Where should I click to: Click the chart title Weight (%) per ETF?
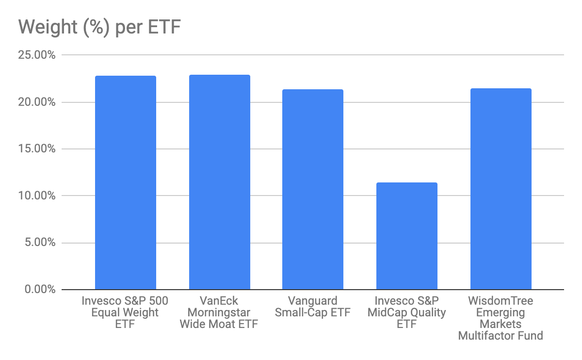[x=99, y=28]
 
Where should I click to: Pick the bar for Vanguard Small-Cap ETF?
[x=313, y=190]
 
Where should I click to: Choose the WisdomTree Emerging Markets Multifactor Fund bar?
[x=501, y=189]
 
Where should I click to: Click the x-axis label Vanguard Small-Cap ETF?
[x=312, y=307]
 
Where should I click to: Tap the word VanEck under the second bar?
[x=219, y=301]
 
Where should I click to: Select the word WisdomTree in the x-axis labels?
[x=501, y=301]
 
